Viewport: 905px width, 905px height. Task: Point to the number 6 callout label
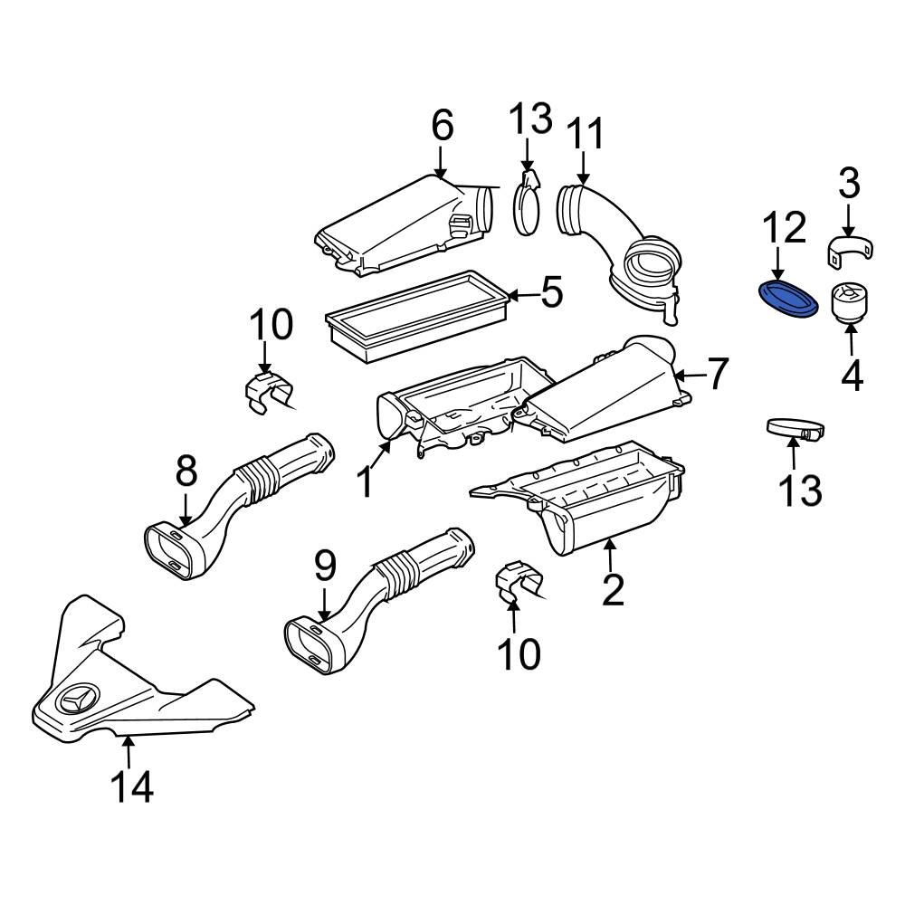(x=441, y=126)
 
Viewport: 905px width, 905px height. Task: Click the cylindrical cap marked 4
(x=847, y=302)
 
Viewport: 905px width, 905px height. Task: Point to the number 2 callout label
(x=613, y=589)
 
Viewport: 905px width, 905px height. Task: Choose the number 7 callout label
(x=716, y=374)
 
